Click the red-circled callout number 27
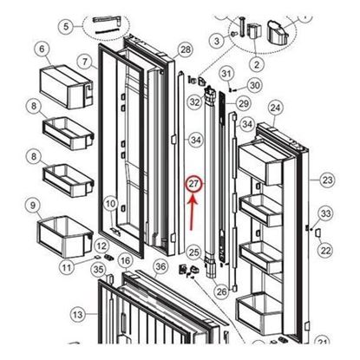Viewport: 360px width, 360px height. [194, 184]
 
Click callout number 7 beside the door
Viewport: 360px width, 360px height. [84, 62]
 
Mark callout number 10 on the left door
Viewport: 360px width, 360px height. [111, 204]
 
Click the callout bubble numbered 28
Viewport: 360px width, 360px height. [184, 50]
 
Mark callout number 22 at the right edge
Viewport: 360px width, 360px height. [325, 250]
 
